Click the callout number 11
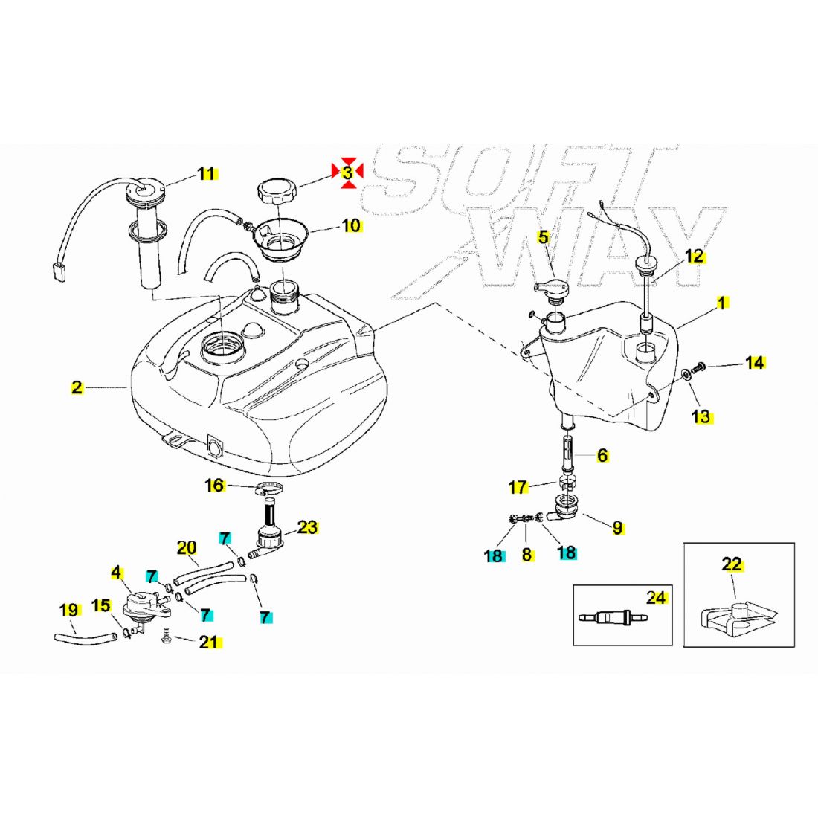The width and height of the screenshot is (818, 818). click(207, 174)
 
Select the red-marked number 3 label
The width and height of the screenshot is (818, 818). click(347, 173)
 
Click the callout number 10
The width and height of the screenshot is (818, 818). click(351, 225)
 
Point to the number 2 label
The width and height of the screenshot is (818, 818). click(77, 387)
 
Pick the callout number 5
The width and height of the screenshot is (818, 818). click(544, 237)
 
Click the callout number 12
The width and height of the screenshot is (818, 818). click(694, 257)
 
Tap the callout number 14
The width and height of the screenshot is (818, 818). click(755, 363)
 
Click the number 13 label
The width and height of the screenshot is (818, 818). click(701, 416)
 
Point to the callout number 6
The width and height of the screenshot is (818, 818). click(602, 455)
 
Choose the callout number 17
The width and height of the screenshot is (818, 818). click(518, 488)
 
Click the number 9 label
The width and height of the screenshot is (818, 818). click(618, 529)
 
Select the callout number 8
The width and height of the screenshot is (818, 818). click(526, 555)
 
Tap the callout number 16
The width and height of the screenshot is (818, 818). click(214, 486)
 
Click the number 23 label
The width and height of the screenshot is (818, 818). click(308, 527)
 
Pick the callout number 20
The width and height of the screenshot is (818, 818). click(186, 549)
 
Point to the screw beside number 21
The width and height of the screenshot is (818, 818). click(167, 637)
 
